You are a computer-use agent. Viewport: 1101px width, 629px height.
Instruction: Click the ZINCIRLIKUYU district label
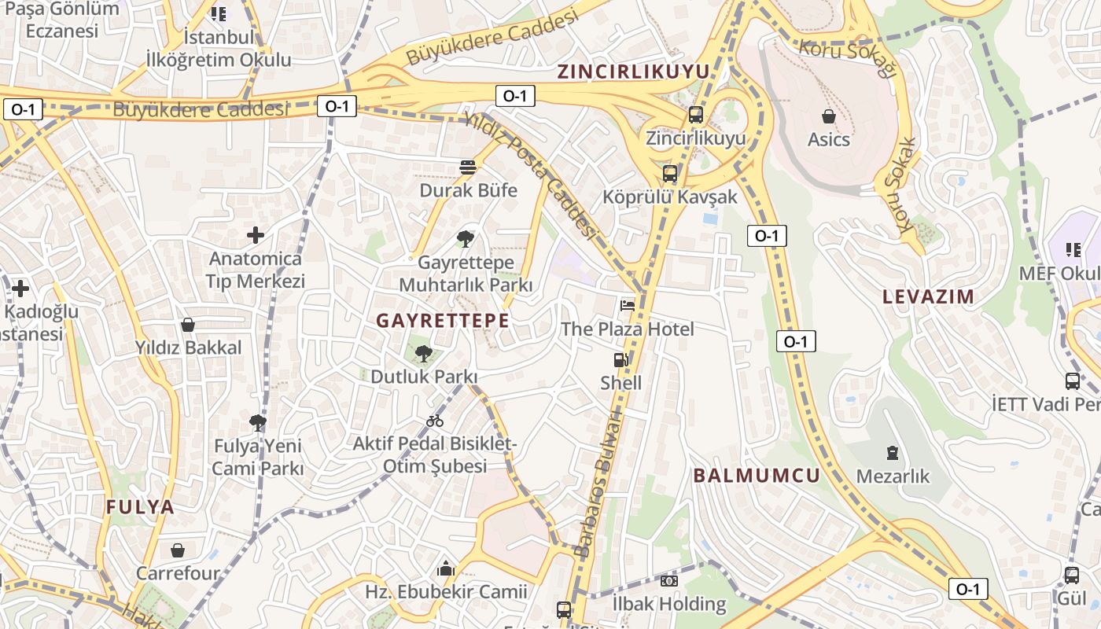pos(633,72)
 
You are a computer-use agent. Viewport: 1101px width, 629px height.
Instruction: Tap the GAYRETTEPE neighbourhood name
pos(442,321)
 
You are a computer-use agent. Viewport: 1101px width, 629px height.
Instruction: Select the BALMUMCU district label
pos(757,476)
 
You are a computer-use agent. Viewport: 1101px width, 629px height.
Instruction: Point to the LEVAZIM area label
pos(928,297)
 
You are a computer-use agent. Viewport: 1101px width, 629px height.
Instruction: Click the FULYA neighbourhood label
pos(140,507)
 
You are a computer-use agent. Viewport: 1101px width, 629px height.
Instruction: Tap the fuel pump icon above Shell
pos(621,360)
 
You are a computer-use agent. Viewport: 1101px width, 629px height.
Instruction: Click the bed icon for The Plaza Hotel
pos(628,305)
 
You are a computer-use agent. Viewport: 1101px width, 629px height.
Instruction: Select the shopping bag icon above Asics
pos(829,116)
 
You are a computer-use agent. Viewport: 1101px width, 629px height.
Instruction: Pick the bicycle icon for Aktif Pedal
pos(434,421)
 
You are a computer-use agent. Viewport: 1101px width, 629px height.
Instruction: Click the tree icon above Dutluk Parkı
pos(424,354)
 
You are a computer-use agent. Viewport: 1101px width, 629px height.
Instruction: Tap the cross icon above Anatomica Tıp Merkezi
pos(256,234)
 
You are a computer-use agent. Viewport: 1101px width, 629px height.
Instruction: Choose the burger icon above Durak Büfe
pos(468,167)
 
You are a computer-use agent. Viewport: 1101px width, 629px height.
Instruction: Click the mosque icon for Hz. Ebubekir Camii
pos(446,567)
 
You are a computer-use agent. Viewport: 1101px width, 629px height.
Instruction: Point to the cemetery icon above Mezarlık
pos(893,453)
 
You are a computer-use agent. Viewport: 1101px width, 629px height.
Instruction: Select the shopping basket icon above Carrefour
pos(178,550)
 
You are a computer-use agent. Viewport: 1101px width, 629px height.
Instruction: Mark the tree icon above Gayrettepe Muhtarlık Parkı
pos(466,238)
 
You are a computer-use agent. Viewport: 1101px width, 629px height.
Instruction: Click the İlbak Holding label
pos(669,604)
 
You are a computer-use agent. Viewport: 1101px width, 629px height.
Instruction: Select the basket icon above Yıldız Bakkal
pos(188,324)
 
